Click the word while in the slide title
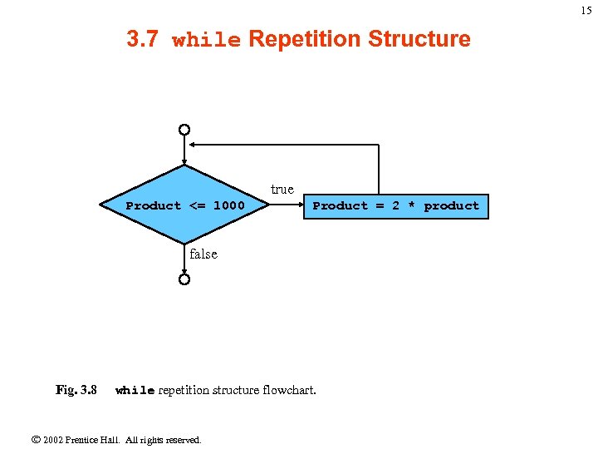point(206,40)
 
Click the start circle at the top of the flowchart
point(184,130)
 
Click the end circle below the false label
point(184,279)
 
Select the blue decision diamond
point(184,205)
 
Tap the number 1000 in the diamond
point(229,205)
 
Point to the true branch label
point(282,190)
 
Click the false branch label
point(203,254)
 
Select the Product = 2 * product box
point(395,205)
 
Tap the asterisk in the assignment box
point(411,205)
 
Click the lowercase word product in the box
point(452,205)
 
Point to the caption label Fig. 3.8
point(76,390)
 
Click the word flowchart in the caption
point(289,390)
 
